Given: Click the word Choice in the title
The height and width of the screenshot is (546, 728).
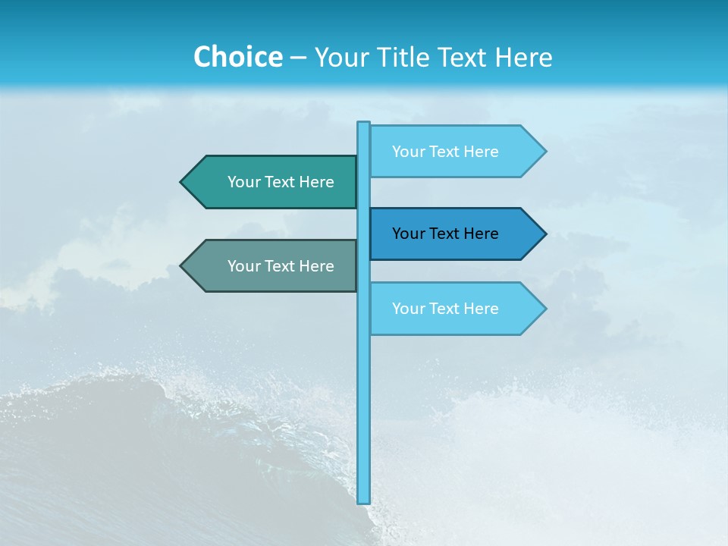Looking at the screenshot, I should (x=237, y=57).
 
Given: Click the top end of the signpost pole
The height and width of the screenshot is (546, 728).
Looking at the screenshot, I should (x=364, y=124).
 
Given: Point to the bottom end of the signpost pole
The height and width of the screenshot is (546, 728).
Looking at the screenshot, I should (x=364, y=501).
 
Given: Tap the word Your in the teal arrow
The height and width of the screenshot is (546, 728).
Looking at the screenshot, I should (x=244, y=182).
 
